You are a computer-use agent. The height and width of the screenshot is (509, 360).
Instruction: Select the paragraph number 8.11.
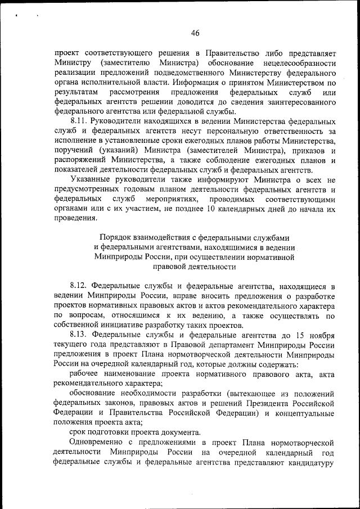click(79, 121)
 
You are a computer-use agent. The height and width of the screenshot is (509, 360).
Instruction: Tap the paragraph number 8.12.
click(79, 286)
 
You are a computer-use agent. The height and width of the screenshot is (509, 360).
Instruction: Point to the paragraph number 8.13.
click(79, 335)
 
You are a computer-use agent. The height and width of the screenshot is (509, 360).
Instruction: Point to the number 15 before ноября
click(296, 335)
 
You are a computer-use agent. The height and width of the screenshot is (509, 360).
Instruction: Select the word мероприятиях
click(172, 199)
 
